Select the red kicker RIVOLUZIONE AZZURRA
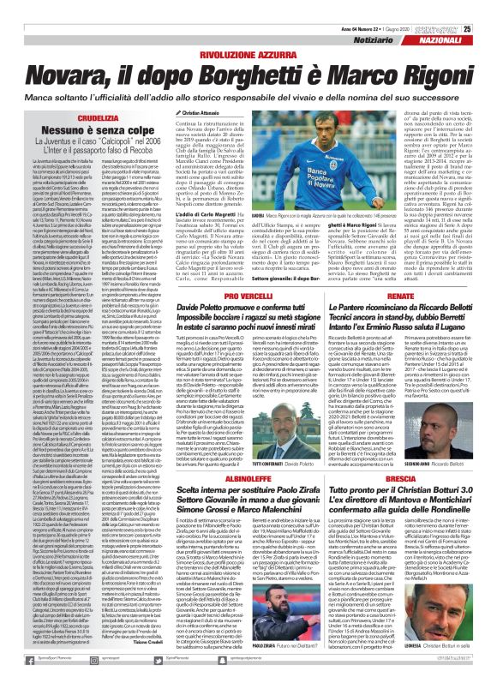pyautogui.click(x=249, y=33)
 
